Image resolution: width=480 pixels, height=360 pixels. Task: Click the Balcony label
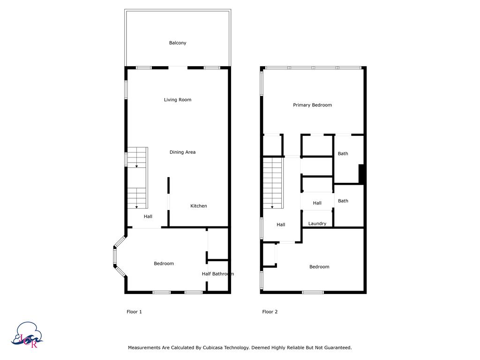(178, 43)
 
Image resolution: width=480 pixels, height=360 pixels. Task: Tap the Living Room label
(178, 100)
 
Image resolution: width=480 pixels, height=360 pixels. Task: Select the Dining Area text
(182, 152)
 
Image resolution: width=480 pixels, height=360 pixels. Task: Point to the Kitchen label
(198, 206)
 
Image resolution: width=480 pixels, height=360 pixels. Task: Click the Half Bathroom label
(217, 274)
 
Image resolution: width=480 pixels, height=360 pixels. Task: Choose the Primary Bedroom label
(312, 105)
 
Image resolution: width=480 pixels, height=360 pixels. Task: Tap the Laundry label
(317, 224)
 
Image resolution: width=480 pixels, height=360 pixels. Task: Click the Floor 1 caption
(134, 312)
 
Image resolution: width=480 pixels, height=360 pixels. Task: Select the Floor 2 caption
(270, 312)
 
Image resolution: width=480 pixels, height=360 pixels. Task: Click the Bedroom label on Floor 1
(164, 264)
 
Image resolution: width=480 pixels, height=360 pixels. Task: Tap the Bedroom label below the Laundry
(319, 267)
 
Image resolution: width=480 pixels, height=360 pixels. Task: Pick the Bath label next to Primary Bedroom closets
(343, 154)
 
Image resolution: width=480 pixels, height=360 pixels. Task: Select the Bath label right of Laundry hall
(343, 201)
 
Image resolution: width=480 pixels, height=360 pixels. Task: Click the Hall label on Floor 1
(148, 217)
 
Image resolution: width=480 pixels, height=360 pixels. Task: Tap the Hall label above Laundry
(317, 203)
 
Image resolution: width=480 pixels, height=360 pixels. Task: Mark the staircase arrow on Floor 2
(272, 207)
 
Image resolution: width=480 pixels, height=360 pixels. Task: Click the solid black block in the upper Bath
(361, 173)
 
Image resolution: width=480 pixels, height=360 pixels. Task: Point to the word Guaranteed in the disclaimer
(336, 348)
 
